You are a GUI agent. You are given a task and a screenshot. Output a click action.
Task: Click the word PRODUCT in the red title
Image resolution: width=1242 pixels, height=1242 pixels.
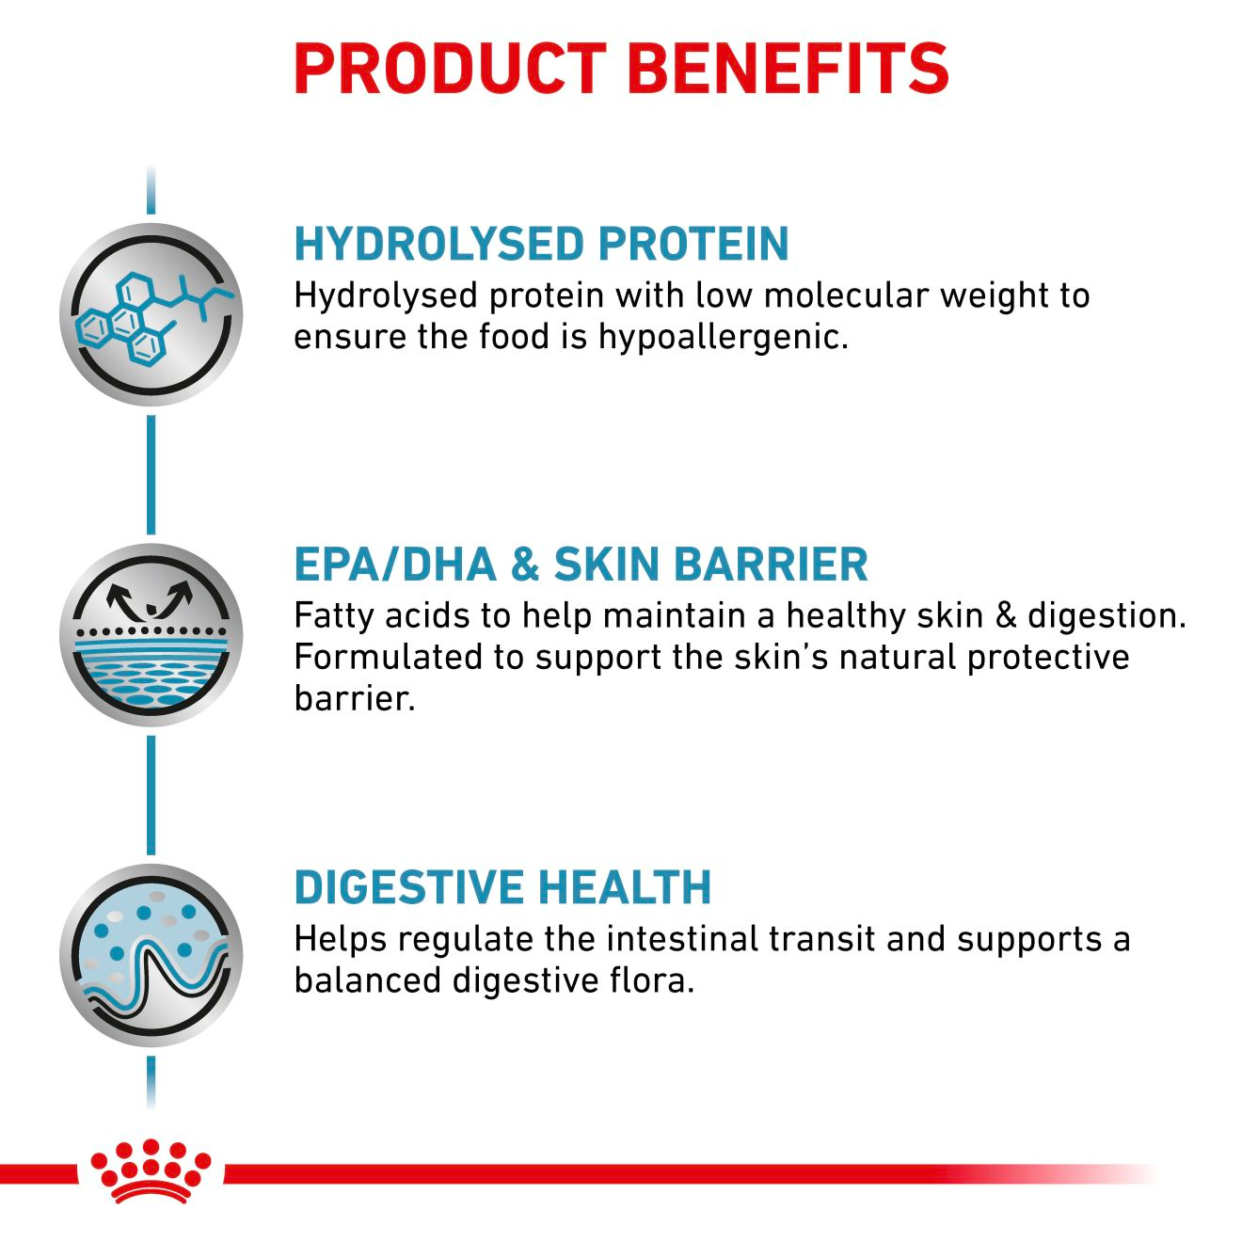point(450,68)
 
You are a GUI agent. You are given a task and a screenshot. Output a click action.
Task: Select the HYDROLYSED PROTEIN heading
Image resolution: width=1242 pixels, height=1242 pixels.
point(541,244)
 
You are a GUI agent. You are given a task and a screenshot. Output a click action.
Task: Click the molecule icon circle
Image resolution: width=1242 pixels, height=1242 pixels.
point(151,315)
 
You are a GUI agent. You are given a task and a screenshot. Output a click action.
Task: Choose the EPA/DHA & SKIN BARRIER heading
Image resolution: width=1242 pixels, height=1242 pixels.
point(581,565)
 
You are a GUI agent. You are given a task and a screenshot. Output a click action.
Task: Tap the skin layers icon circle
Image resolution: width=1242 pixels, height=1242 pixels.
point(151,635)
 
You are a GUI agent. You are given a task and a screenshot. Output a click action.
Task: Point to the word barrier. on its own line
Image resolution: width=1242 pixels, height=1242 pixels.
point(354,698)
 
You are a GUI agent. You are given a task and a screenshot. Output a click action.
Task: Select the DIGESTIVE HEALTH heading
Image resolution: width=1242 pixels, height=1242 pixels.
point(502,887)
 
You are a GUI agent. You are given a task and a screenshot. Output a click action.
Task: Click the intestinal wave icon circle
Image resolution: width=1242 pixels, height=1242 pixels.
point(151,955)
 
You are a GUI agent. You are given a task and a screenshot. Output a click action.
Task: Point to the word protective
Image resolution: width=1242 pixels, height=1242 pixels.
point(1048,657)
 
